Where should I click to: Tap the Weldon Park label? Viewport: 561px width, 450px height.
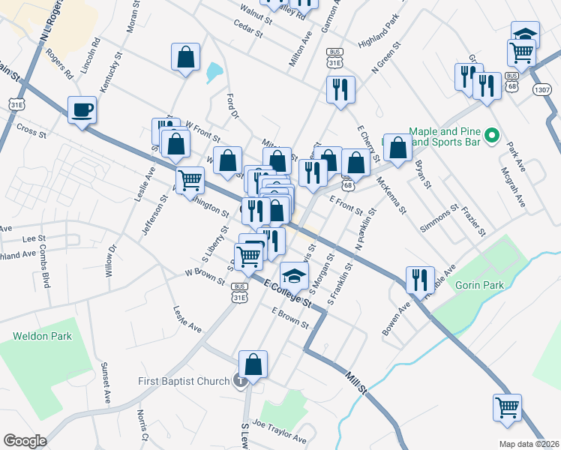point(43,336)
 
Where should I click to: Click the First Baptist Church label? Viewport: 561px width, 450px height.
point(184,381)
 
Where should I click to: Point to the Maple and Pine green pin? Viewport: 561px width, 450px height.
point(492,136)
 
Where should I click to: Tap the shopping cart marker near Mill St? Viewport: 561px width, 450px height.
point(508,408)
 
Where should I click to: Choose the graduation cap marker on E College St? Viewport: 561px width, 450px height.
point(295,275)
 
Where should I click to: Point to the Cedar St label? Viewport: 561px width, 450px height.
point(247,32)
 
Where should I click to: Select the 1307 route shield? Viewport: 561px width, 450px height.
point(541,89)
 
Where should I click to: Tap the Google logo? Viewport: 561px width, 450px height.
point(25,441)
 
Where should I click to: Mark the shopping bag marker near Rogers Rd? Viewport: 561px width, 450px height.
point(184,58)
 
